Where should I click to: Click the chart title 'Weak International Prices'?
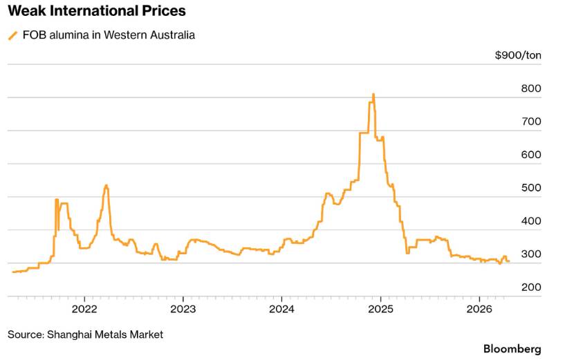pos(96,11)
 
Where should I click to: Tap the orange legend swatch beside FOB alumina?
pos(12,35)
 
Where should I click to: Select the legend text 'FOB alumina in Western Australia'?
pos(108,35)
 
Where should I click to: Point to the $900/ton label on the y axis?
pos(518,55)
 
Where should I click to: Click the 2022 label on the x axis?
pos(84,307)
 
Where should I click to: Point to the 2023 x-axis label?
pos(183,307)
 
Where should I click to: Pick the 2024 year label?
pos(282,307)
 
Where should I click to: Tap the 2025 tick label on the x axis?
pos(381,307)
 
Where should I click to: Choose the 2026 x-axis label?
pos(480,307)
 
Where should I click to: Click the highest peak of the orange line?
pos(373,94)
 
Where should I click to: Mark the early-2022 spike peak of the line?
pos(106,185)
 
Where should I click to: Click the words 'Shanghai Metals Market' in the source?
pos(105,334)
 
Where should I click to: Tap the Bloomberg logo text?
pos(512,349)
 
